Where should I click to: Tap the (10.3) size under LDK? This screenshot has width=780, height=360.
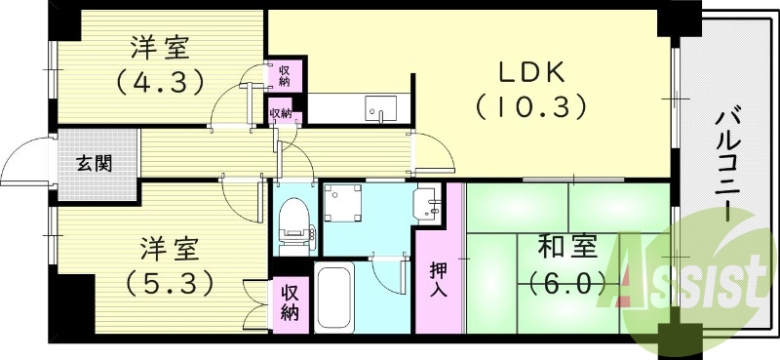coord(530,103)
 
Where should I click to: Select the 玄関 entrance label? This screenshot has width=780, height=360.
coord(95,162)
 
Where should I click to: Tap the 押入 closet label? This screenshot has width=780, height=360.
coord(438,279)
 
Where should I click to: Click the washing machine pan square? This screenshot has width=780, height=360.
coord(343,204)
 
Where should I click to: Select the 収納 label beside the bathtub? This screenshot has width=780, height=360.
coord(291,302)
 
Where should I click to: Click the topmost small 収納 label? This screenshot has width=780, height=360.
coord(285,74)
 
